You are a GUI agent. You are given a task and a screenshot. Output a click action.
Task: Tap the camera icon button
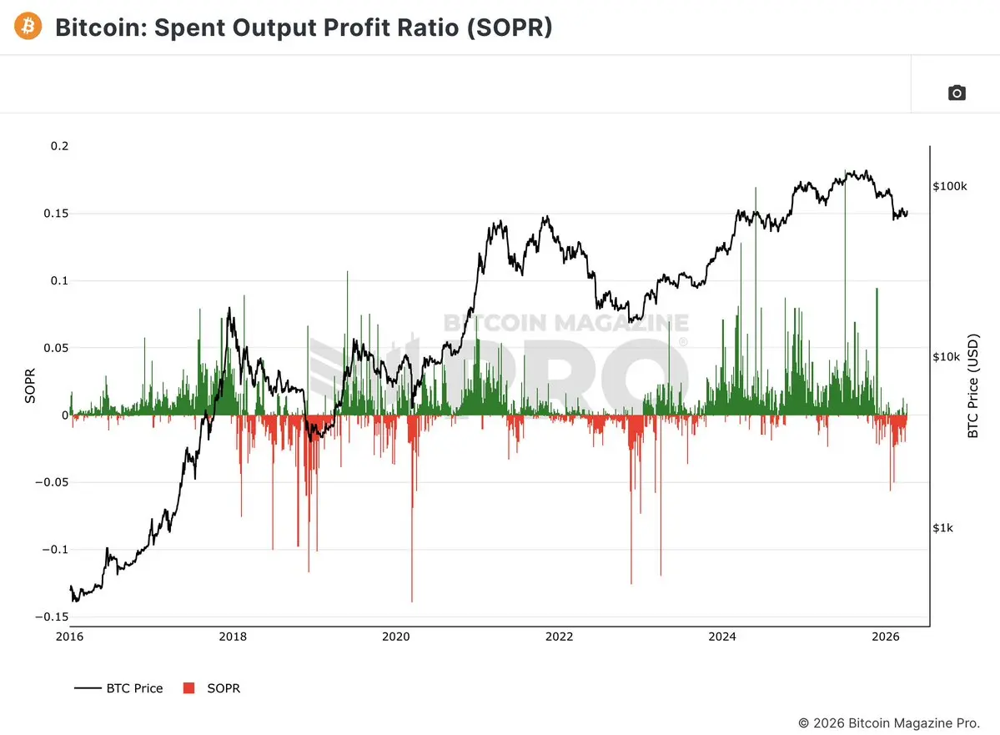[957, 93]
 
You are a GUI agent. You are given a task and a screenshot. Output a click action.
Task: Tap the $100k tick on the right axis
[949, 185]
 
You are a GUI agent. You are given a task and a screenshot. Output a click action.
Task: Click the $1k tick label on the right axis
[942, 527]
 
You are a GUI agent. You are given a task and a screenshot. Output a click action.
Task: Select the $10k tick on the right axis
[946, 357]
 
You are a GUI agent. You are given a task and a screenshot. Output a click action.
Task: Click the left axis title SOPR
[31, 385]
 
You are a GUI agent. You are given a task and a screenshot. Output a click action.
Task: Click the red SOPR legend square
[188, 688]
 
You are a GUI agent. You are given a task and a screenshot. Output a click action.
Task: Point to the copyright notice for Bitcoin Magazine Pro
[889, 722]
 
